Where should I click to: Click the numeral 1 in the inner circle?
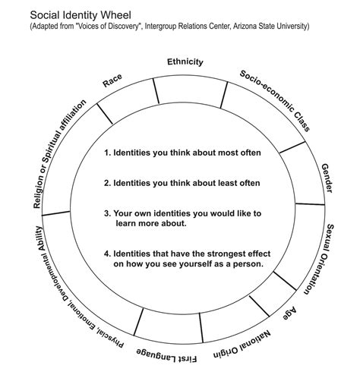click(x=107, y=152)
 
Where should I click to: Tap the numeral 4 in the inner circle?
click(x=107, y=253)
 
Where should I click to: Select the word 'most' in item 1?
click(x=221, y=152)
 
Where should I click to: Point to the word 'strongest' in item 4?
click(x=212, y=253)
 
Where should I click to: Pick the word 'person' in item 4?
click(x=247, y=264)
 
